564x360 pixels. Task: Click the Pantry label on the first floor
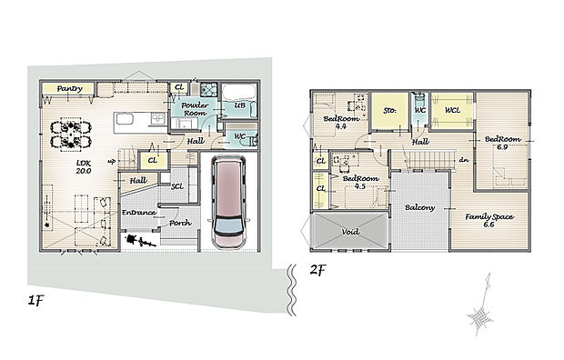[69, 88]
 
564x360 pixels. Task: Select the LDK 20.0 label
[84, 167]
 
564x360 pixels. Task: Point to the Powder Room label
[195, 109]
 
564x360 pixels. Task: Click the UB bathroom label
[240, 105]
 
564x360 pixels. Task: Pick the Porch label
[180, 223]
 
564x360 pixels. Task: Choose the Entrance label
[139, 213]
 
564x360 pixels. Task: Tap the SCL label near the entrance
[177, 186]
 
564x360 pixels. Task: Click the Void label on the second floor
[350, 232]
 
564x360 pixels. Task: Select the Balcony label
[419, 207]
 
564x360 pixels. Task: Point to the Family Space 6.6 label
[489, 221]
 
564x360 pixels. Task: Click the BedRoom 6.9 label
[502, 143]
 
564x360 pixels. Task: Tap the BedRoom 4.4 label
[341, 123]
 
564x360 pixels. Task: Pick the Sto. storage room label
[389, 110]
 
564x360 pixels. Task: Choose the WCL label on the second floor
[452, 110]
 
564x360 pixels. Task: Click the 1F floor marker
[35, 300]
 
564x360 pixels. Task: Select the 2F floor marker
[317, 270]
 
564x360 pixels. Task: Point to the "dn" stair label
[464, 160]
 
